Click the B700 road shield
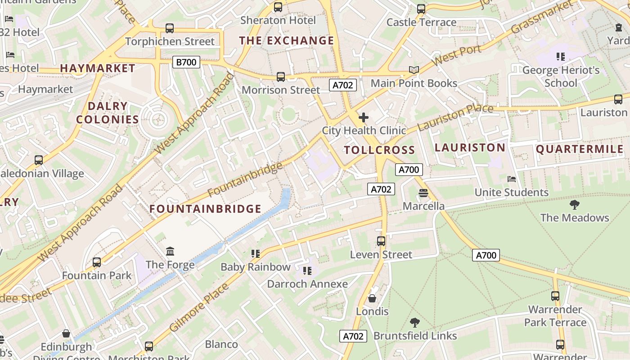click(186, 62)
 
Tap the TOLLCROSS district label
click(379, 150)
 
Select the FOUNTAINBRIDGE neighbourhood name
click(205, 209)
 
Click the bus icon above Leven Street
click(381, 241)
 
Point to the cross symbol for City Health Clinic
click(364, 118)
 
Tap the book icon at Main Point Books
click(414, 70)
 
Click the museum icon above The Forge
click(170, 251)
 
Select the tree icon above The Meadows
click(574, 205)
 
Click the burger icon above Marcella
click(423, 193)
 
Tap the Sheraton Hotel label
click(278, 20)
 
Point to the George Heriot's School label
click(561, 76)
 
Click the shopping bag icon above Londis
click(372, 298)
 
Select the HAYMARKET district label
click(98, 68)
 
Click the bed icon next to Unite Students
click(512, 179)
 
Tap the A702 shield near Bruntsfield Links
click(353, 336)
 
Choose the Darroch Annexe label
click(307, 284)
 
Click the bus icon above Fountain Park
click(96, 262)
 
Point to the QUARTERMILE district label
click(580, 149)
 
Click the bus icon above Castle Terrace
click(421, 9)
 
